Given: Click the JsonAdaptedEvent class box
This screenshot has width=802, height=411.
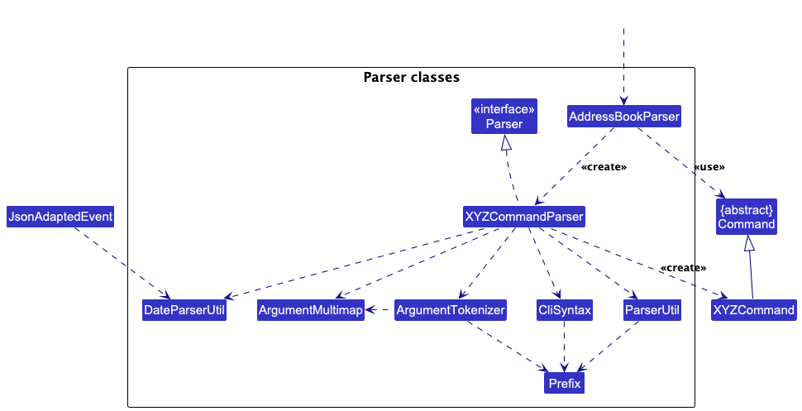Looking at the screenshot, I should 60,217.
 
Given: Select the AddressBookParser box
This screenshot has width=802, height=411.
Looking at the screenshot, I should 624,117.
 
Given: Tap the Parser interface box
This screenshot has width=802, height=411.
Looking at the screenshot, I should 504,117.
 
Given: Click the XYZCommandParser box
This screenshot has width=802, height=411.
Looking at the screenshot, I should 524,217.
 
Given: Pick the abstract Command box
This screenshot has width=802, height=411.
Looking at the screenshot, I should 747,217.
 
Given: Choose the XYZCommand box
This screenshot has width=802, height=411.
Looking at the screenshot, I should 753,311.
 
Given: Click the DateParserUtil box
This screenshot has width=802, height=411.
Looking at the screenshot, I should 184,311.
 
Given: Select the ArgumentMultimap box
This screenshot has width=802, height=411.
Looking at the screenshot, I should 310,311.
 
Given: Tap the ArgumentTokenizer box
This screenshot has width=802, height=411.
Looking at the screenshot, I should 450,311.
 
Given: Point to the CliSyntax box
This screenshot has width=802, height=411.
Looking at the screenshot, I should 565,311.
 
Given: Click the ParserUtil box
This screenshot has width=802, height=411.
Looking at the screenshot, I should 652,311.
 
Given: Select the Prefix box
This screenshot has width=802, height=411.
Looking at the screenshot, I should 564,384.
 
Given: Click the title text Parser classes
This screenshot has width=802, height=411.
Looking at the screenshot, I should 411,78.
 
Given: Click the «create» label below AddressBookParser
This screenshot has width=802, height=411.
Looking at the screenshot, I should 604,167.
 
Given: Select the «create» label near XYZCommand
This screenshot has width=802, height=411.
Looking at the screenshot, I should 683,268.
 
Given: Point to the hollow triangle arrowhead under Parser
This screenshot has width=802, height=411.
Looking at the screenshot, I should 507,143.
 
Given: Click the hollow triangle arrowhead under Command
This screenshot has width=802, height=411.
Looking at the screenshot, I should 747,243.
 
